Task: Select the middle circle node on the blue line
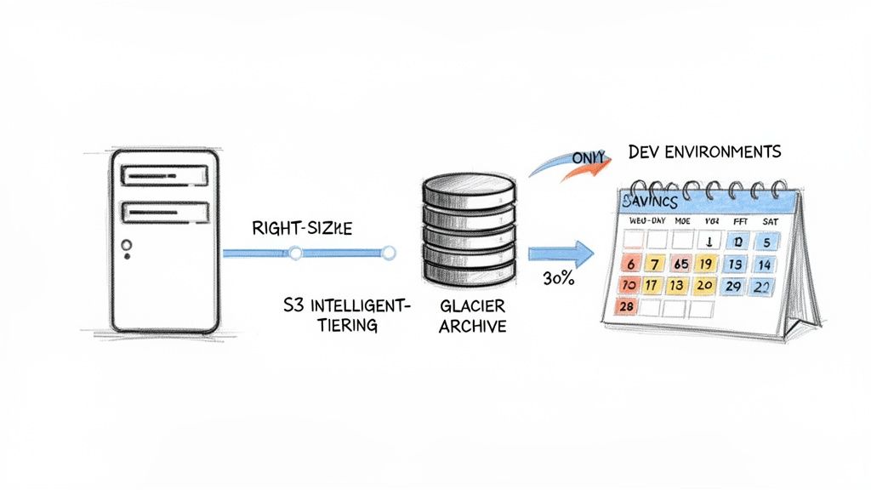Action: [295, 253]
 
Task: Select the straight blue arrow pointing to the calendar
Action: [560, 252]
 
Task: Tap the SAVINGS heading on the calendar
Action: [650, 201]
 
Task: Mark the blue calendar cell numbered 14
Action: [762, 264]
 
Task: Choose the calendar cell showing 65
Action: [680, 263]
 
